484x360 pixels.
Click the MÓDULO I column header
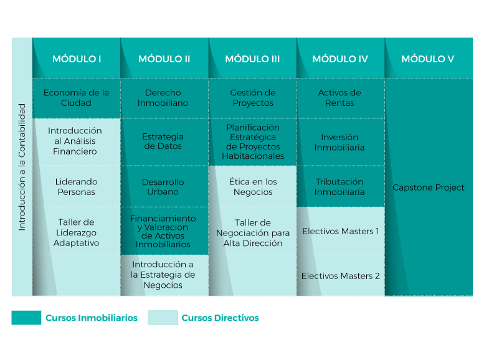[x=77, y=59]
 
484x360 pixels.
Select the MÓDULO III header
[x=252, y=59]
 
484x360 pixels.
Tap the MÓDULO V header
[x=429, y=59]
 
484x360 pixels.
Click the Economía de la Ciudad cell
[x=77, y=98]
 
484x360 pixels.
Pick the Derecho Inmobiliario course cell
[x=164, y=98]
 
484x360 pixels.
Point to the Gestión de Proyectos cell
[x=252, y=98]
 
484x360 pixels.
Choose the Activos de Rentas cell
[x=341, y=98]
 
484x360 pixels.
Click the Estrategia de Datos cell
[x=164, y=142]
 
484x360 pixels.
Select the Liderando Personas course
[x=77, y=186]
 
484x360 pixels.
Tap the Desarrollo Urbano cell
[x=164, y=186]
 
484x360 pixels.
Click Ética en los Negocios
[x=252, y=186]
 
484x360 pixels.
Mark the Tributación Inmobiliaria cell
[x=341, y=186]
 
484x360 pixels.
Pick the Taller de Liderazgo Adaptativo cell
[x=77, y=231]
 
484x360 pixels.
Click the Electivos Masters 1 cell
[x=341, y=231]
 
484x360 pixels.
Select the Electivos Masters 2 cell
[x=341, y=275]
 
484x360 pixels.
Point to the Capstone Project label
[x=429, y=187]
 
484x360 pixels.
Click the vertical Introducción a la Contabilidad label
[x=22, y=167]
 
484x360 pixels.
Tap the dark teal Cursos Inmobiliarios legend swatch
[x=26, y=318]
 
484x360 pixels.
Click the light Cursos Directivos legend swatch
[x=163, y=318]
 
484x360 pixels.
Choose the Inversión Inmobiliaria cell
[x=341, y=142]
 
